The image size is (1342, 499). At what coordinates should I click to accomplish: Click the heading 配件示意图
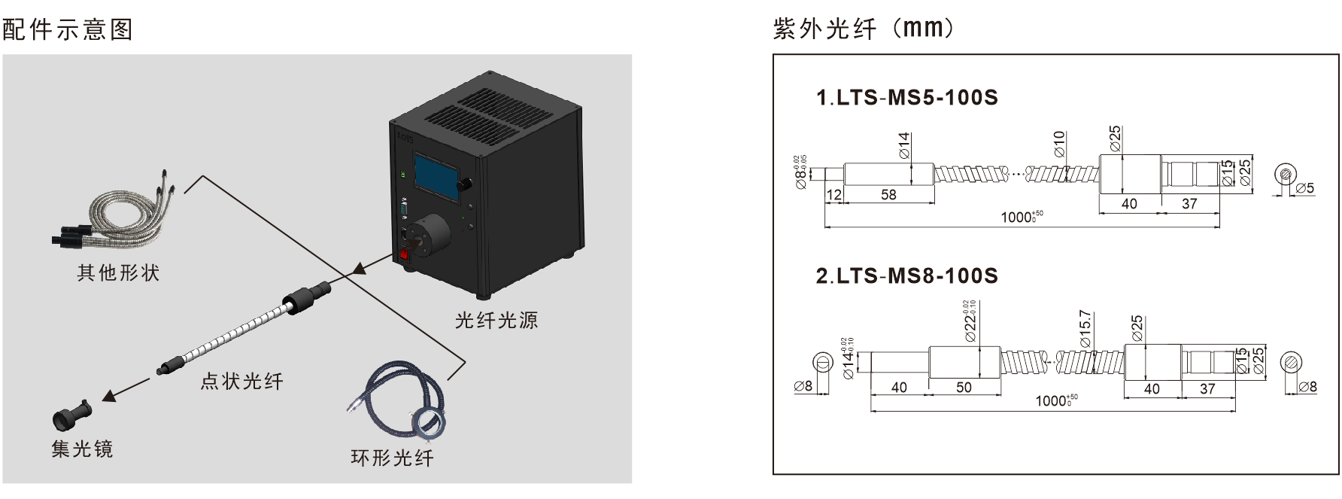coord(68,29)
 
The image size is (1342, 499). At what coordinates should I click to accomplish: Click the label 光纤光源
coord(496,321)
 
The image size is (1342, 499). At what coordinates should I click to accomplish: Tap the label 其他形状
coord(118,272)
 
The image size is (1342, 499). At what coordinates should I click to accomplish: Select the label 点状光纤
coord(241,382)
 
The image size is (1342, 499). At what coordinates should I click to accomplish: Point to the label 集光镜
coord(82,449)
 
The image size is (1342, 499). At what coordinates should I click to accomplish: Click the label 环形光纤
coord(392,458)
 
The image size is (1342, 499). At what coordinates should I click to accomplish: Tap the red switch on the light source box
coord(404,254)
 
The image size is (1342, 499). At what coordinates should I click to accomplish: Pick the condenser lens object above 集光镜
coord(71,415)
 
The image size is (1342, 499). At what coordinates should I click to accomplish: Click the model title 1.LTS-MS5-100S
coord(906,98)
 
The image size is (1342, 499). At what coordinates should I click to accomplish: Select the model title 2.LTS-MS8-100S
coord(906,276)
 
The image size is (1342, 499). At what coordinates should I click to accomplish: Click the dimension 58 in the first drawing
coord(888,195)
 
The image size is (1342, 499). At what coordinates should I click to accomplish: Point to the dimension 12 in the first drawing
coord(833,195)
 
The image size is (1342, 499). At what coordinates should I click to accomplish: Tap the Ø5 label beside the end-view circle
coord(1305,188)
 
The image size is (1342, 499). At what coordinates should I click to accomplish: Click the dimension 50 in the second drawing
coord(964,388)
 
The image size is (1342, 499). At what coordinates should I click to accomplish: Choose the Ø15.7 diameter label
coord(1085,329)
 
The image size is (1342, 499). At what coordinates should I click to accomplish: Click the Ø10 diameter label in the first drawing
coord(1059,144)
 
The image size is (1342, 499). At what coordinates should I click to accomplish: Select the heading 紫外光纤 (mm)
coord(864,29)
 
